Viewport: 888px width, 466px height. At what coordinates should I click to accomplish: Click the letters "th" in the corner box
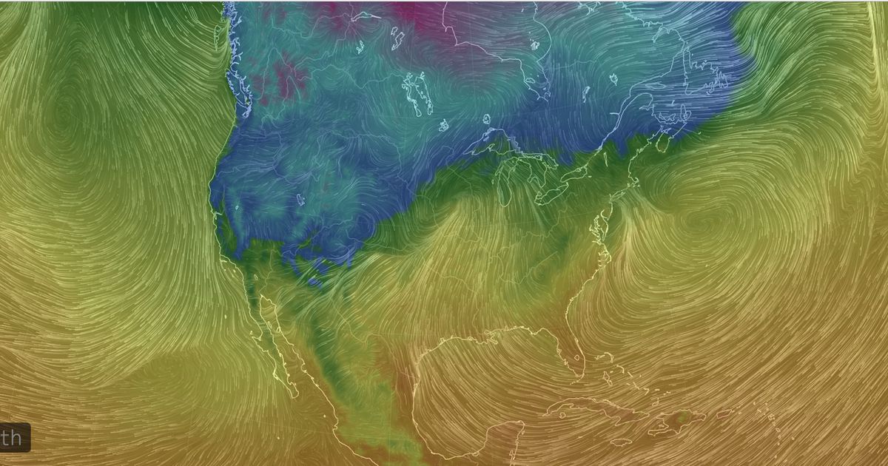click(x=12, y=437)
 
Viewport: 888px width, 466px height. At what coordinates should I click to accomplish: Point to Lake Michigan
click(x=507, y=185)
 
